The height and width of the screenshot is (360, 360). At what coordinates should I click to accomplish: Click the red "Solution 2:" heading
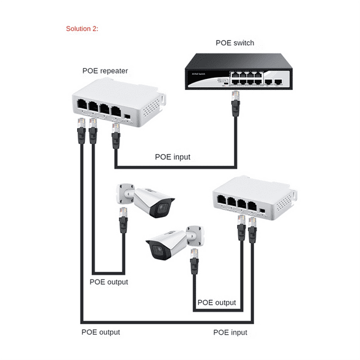(x=82, y=28)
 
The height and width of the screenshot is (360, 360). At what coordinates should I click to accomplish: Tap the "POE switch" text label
(x=234, y=43)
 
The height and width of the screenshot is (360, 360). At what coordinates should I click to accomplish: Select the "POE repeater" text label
(x=105, y=71)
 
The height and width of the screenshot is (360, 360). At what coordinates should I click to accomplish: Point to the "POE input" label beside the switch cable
(x=173, y=157)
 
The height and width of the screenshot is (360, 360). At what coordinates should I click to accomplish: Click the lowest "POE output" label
(x=101, y=332)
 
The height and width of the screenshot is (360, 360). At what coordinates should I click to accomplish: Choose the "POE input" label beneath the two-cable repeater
(x=230, y=332)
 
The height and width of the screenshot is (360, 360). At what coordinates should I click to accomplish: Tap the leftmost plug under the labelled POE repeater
(x=79, y=130)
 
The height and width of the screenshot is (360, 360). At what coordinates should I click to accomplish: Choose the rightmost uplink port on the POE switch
(x=279, y=82)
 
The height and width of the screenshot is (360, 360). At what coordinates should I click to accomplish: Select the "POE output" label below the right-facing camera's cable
(x=109, y=282)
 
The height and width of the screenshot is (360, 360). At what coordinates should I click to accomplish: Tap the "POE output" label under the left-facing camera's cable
(x=216, y=303)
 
